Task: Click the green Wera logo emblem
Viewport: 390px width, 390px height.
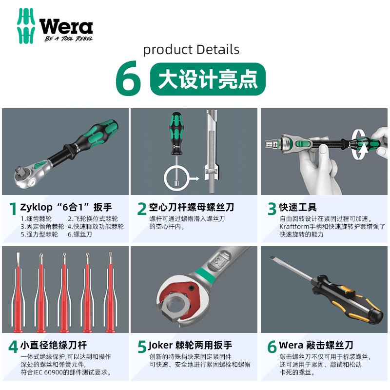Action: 26,26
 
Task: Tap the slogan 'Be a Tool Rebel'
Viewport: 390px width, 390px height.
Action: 68,39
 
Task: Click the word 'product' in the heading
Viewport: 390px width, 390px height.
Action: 168,50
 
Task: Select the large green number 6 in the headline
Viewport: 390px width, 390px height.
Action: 128,78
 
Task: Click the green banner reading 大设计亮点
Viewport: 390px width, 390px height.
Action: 208,79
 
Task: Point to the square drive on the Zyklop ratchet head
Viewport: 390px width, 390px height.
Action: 19,172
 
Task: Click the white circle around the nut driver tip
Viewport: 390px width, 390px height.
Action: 175,178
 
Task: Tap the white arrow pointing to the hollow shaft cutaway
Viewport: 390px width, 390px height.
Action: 194,178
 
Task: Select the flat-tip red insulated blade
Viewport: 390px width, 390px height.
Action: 18,292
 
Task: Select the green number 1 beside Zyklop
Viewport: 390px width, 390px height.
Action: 13,209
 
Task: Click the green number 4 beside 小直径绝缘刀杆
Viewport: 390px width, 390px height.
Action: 14,347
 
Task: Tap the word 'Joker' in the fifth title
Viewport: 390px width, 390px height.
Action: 160,345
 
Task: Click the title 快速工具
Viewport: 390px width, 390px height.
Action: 298,207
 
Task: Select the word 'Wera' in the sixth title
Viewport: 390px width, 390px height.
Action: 291,345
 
